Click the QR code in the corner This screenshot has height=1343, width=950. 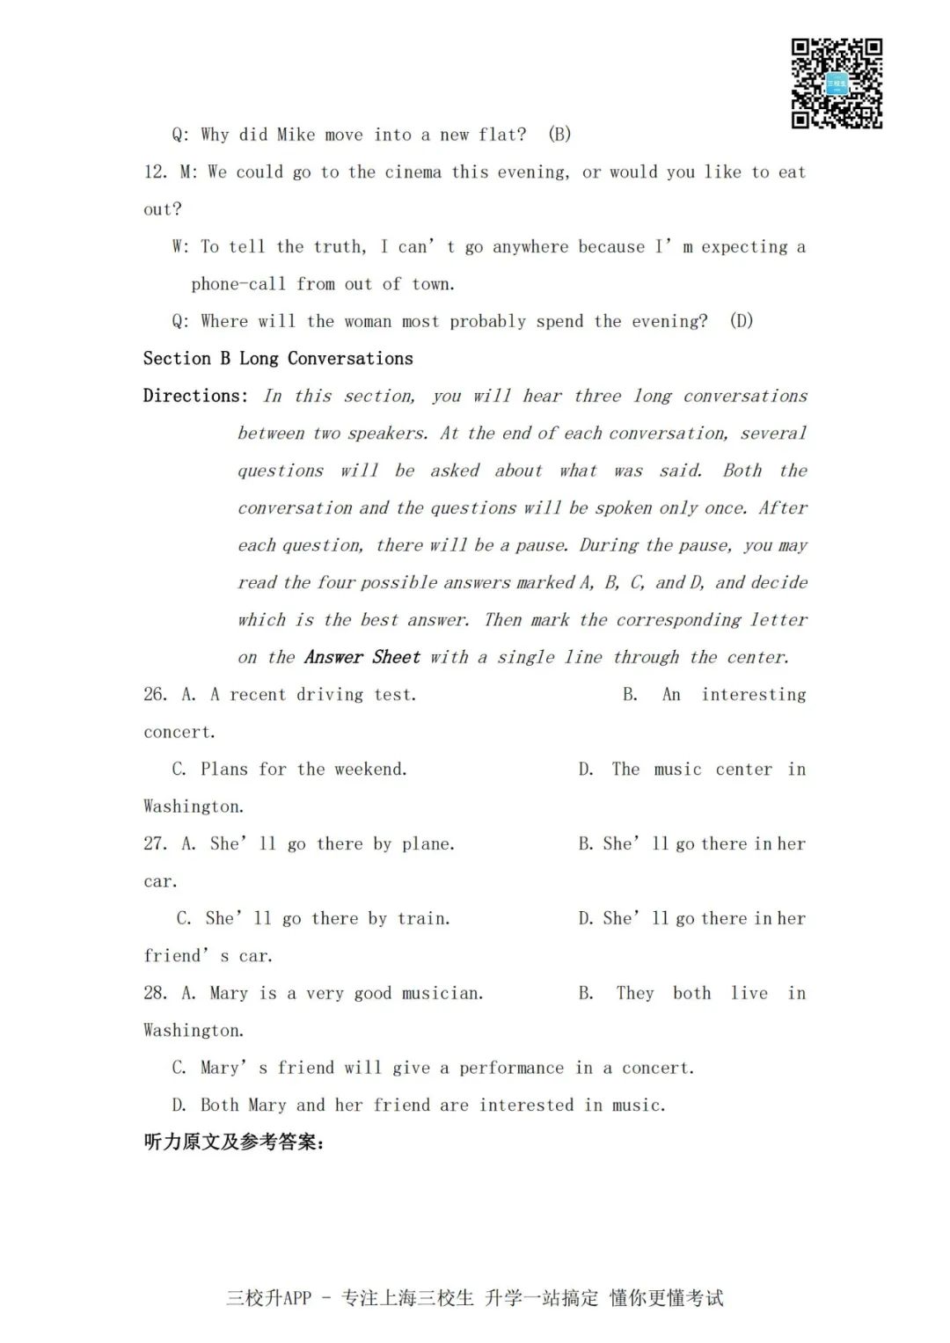click(837, 84)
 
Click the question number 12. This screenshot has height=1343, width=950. click(155, 172)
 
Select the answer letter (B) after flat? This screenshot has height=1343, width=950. click(559, 135)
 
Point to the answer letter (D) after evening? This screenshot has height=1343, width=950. click(742, 321)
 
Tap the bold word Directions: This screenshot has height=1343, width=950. click(195, 396)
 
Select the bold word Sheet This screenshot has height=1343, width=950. click(396, 657)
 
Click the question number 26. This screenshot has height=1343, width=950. click(155, 695)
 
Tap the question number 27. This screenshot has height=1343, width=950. click(155, 844)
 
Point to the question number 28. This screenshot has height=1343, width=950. click(155, 994)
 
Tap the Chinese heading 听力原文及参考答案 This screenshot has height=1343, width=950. click(233, 1142)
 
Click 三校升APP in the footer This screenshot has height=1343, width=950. click(269, 1298)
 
